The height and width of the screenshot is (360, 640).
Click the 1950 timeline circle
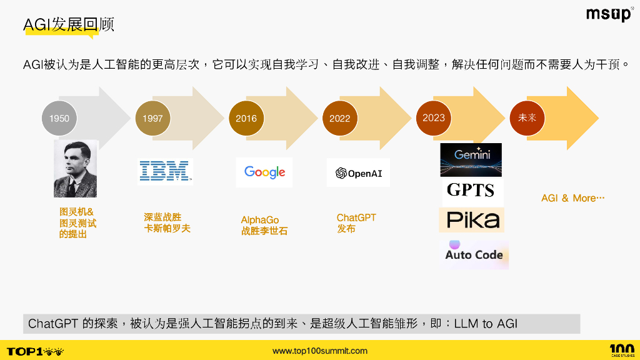click(59, 118)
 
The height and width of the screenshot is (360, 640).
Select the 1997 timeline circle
click(152, 118)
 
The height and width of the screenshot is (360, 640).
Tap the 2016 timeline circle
click(246, 118)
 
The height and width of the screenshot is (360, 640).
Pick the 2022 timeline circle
click(339, 118)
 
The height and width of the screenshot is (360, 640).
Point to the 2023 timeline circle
click(434, 117)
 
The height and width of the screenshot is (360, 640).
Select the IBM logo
click(165, 171)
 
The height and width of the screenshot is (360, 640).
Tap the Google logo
click(264, 172)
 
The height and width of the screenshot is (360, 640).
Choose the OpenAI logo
click(358, 173)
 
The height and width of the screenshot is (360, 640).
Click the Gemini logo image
click(471, 160)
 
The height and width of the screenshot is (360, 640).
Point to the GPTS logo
click(471, 191)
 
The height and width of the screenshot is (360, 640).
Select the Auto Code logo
click(474, 253)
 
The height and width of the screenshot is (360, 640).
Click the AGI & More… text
click(572, 198)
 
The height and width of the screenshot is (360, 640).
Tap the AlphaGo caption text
click(260, 220)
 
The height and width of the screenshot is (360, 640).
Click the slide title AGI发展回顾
click(69, 25)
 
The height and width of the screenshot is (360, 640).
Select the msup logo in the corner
click(609, 14)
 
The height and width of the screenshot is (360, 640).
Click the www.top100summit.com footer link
click(320, 351)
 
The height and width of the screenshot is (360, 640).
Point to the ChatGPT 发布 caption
click(356, 223)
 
